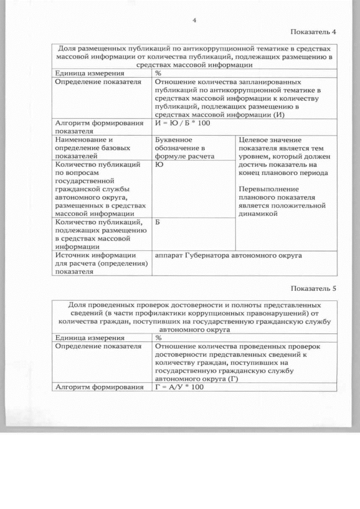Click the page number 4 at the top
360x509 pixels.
pyautogui.click(x=193, y=20)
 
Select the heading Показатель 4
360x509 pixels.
pyautogui.click(x=313, y=31)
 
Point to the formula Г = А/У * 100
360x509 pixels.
pyautogui.click(x=179, y=387)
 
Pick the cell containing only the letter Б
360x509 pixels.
pyautogui.click(x=158, y=223)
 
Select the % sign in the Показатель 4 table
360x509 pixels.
pyautogui.click(x=158, y=73)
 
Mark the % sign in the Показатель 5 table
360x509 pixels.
pyautogui.click(x=158, y=338)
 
